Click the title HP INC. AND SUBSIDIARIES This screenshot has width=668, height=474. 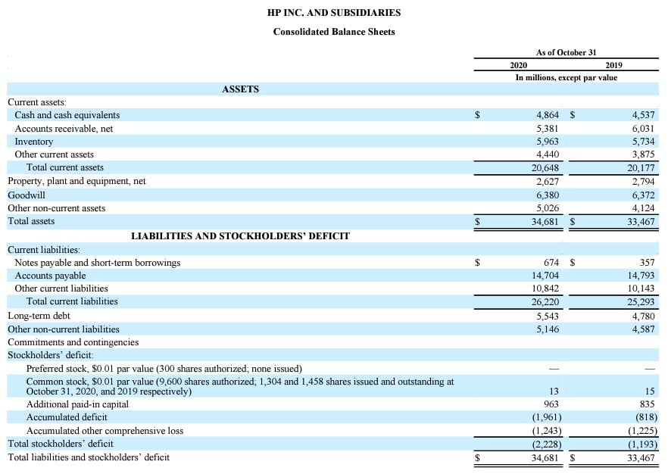pyautogui.click(x=334, y=13)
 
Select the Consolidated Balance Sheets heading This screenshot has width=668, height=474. pyautogui.click(x=334, y=32)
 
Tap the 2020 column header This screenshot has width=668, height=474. pyautogui.click(x=519, y=65)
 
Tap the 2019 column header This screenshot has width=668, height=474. pyautogui.click(x=613, y=65)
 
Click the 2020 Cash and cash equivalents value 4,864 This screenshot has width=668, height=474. pyautogui.click(x=547, y=115)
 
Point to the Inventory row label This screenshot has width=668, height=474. pyautogui.click(x=34, y=142)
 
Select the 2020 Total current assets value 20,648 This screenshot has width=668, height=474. pyautogui.click(x=545, y=167)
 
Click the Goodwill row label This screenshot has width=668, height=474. pyautogui.click(x=27, y=195)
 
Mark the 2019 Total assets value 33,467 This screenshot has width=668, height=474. pyautogui.click(x=641, y=222)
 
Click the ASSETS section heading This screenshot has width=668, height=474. pyautogui.click(x=241, y=89)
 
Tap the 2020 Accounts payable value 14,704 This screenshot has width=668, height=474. pyautogui.click(x=545, y=276)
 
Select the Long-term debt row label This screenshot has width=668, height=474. pyautogui.click(x=39, y=315)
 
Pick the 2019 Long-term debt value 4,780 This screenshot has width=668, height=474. pyautogui.click(x=643, y=315)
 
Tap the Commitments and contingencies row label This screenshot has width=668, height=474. pyautogui.click(x=73, y=342)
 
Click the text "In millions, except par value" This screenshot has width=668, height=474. pyautogui.click(x=566, y=78)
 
